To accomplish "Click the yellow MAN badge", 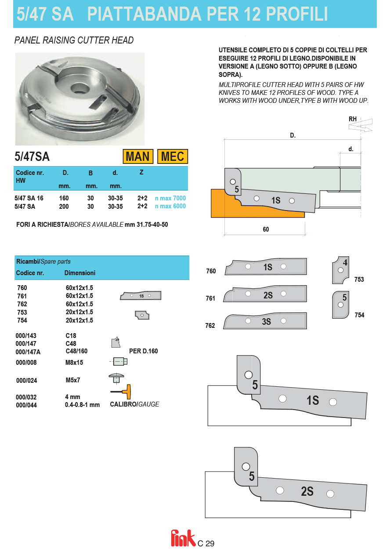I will [137, 156].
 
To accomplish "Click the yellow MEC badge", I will [173, 156].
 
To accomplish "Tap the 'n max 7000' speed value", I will [170, 198].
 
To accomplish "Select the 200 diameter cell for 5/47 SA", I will [64, 206].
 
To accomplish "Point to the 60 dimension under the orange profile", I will [266, 229].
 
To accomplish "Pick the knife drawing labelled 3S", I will [265, 321].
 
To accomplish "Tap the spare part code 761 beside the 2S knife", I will [211, 298].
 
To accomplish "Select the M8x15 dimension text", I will [74, 363].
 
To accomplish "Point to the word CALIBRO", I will [123, 404].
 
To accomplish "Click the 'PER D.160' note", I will [143, 351].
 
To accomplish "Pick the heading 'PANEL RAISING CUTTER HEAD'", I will [74, 40].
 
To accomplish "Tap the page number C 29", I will [206, 544].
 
